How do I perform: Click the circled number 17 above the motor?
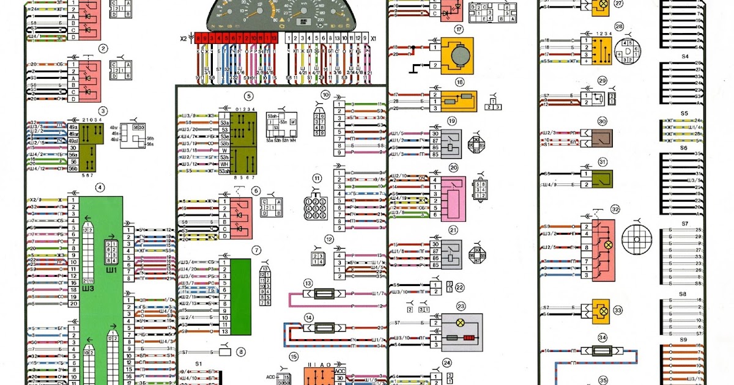pyautogui.click(x=458, y=30)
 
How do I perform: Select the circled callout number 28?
pyautogui.click(x=619, y=28)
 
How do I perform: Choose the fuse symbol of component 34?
pyautogui.click(x=602, y=352)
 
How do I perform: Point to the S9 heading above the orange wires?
pyautogui.click(x=684, y=339)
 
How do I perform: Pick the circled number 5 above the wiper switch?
pyautogui.click(x=248, y=96)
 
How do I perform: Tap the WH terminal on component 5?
pyautogui.click(x=224, y=164)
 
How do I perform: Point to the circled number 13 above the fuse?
pyautogui.click(x=308, y=283)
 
